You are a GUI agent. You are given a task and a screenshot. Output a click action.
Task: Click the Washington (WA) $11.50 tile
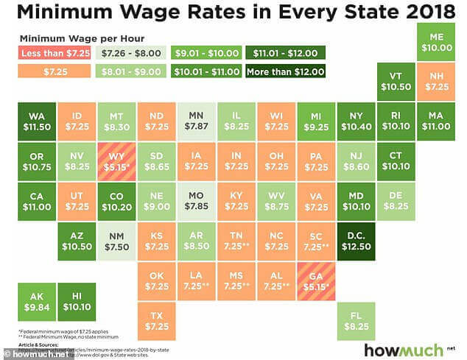tap(37, 121)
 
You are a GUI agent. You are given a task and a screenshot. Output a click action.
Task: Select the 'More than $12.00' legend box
tap(285, 71)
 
